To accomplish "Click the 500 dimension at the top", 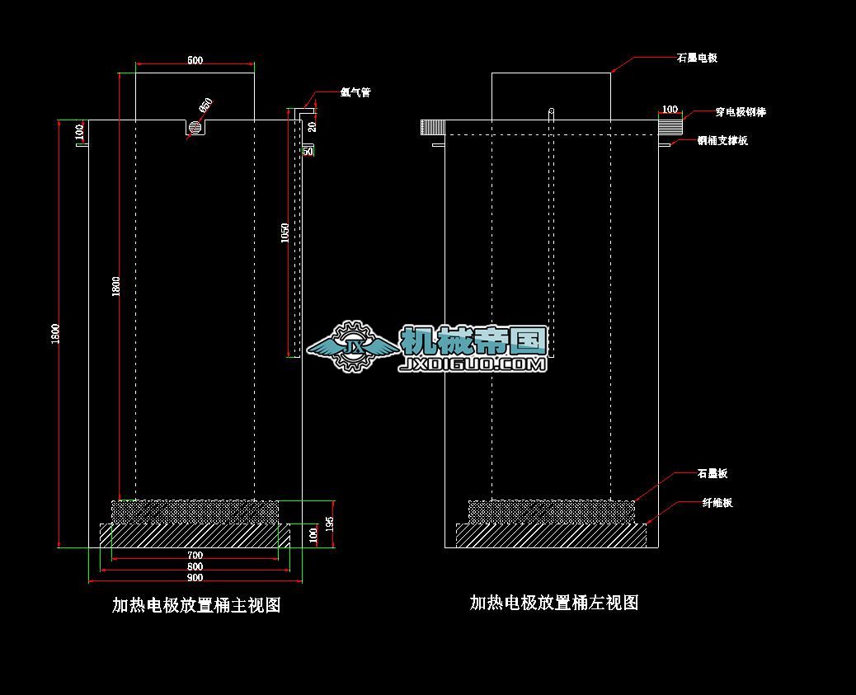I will [x=195, y=60].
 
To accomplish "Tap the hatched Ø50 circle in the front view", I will [x=195, y=129].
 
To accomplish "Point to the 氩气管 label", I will [x=355, y=92].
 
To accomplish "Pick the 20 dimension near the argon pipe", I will [x=312, y=126].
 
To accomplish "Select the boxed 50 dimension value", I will [x=308, y=151].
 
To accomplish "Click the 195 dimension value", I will [x=329, y=524].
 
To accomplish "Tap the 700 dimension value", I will [x=195, y=556].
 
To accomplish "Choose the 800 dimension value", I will [x=195, y=566].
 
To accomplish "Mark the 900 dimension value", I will [x=195, y=578].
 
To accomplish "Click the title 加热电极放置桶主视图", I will [x=196, y=605].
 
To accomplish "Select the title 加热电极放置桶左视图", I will [x=554, y=603].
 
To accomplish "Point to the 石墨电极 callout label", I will [x=697, y=58].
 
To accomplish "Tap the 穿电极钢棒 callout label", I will [x=723, y=111].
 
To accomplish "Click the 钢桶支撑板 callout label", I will [x=722, y=140].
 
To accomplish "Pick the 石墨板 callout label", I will [x=713, y=473].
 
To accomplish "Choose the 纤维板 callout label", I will [x=717, y=502].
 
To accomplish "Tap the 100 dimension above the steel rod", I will [x=670, y=109].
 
